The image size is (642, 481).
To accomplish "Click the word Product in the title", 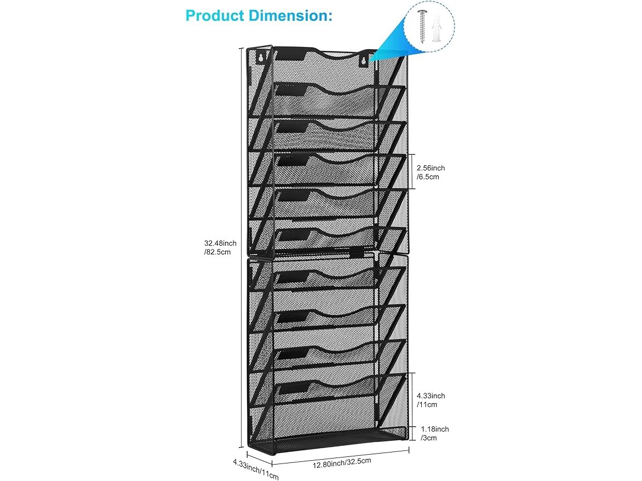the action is (215, 15).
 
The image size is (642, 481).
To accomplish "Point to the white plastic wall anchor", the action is (437, 28).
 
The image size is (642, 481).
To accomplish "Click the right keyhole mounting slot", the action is (363, 61).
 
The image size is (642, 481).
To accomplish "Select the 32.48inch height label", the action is (220, 247).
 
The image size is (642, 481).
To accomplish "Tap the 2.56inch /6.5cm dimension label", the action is (431, 172).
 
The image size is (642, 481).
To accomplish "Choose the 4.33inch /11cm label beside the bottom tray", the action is (431, 400).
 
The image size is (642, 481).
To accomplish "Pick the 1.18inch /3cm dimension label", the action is (435, 433).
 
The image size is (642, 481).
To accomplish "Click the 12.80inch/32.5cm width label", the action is (342, 462).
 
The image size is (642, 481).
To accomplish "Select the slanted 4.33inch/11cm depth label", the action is (256, 469).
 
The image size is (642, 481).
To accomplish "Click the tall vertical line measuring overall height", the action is (241, 248).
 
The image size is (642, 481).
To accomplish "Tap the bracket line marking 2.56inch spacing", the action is (412, 171).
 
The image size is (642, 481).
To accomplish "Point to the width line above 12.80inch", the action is (341, 457).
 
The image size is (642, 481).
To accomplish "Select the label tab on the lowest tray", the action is (293, 388).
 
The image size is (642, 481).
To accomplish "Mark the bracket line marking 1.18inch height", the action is (412, 433).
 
